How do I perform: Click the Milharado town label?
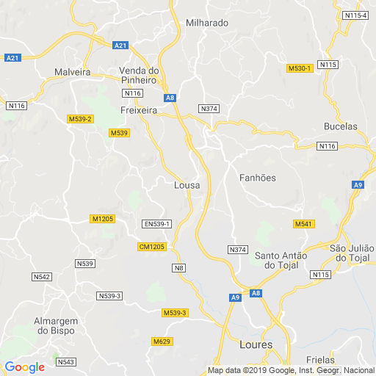click(207, 23)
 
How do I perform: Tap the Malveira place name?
click(72, 72)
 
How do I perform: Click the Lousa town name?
click(187, 186)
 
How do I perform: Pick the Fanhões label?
click(258, 178)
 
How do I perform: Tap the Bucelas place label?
click(341, 126)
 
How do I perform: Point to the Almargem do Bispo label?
click(60, 326)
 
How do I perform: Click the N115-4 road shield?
click(355, 15)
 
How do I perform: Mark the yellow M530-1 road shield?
click(300, 68)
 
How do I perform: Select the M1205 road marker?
click(102, 219)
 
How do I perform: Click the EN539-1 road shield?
click(156, 224)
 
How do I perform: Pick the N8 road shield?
click(178, 268)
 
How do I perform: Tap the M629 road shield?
click(162, 341)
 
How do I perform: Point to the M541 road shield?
click(303, 223)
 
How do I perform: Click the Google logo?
click(24, 366)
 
